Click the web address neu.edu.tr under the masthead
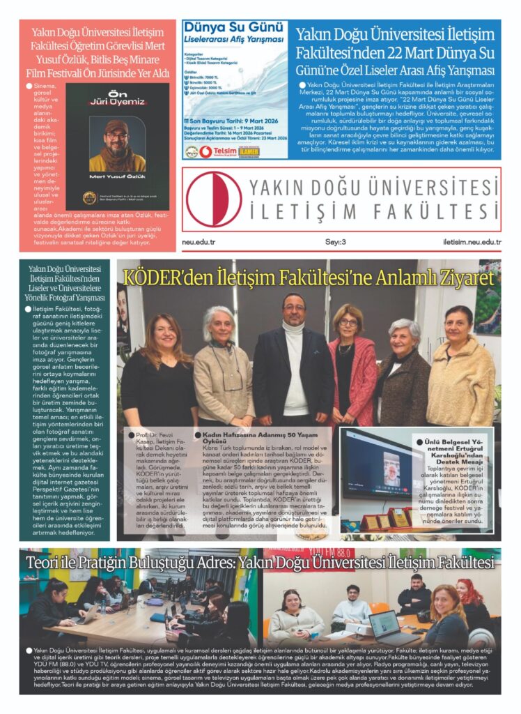pyautogui.click(x=199, y=242)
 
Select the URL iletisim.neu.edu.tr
pyautogui.click(x=472, y=242)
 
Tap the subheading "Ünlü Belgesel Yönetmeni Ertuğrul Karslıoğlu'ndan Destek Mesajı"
pyautogui.click(x=456, y=450)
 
